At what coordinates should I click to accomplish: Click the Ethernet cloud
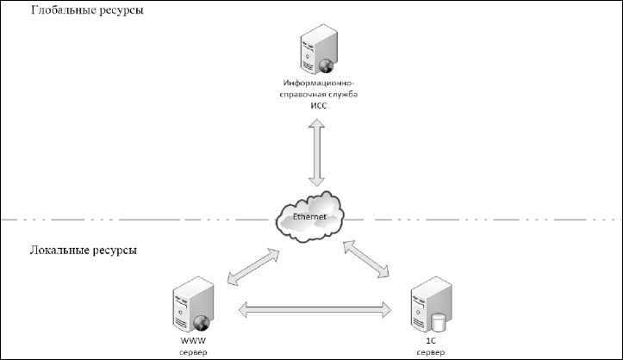click(x=309, y=216)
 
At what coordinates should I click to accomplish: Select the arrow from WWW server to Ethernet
click(x=252, y=267)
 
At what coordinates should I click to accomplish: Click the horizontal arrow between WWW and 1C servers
click(x=311, y=307)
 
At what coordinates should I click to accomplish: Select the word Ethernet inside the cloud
click(x=309, y=216)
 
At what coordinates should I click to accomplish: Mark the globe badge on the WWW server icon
click(x=202, y=324)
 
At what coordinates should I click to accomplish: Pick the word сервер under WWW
click(x=192, y=351)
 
